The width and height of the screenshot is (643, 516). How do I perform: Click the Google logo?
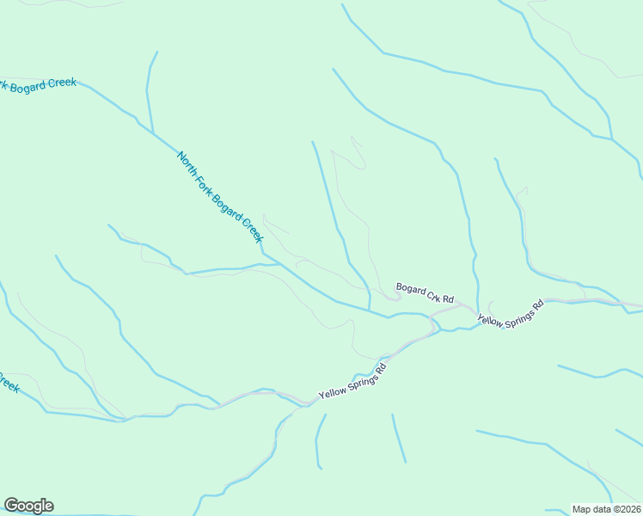pyautogui.click(x=28, y=506)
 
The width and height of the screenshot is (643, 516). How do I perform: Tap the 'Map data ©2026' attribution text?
pyautogui.click(x=606, y=509)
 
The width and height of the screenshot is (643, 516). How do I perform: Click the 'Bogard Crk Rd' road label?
pyautogui.click(x=424, y=292)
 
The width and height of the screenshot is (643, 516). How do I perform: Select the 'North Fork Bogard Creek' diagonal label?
pyautogui.click(x=219, y=196)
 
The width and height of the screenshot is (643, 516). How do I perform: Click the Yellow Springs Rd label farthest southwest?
pyautogui.click(x=352, y=381)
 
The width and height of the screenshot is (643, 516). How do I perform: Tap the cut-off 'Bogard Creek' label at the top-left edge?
pyautogui.click(x=40, y=83)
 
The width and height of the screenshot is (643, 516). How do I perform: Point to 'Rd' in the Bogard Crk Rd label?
pyautogui.click(x=446, y=298)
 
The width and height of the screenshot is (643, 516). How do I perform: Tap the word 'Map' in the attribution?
pyautogui.click(x=582, y=509)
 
